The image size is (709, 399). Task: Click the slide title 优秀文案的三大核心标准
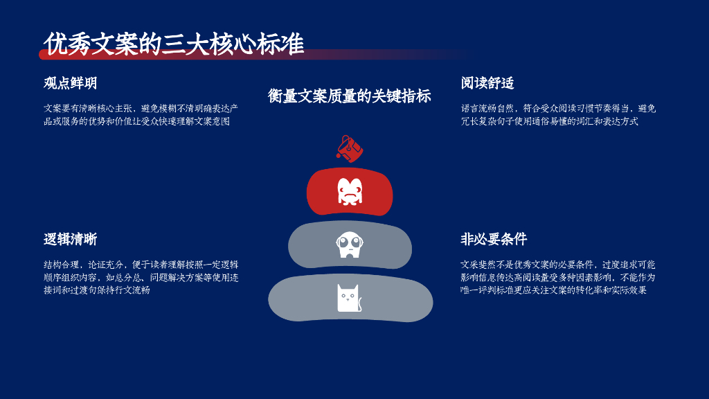pyautogui.click(x=174, y=44)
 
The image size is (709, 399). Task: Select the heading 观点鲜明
pyautogui.click(x=70, y=83)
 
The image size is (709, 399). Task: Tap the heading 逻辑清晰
pyautogui.click(x=70, y=240)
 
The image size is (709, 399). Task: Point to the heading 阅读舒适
pyautogui.click(x=487, y=83)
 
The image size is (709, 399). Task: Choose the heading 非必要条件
pyautogui.click(x=494, y=240)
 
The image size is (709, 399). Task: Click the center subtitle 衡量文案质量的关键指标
pyautogui.click(x=350, y=96)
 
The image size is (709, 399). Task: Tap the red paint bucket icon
pyautogui.click(x=350, y=148)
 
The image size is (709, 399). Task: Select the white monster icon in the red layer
pyautogui.click(x=350, y=191)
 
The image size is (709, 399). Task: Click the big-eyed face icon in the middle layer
pyautogui.click(x=350, y=245)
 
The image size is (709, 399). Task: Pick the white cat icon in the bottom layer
pyautogui.click(x=350, y=298)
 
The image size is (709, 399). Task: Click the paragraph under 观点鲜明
pyautogui.click(x=141, y=115)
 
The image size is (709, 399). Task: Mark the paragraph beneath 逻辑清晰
pyautogui.click(x=141, y=277)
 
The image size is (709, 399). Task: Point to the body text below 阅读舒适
pyautogui.click(x=558, y=115)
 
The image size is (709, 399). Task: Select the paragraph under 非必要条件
pyautogui.click(x=558, y=277)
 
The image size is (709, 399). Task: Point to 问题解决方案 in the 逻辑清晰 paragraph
pyautogui.click(x=176, y=278)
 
